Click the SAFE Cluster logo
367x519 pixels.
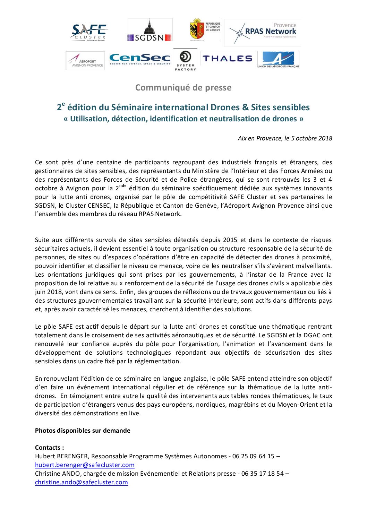click(89, 32)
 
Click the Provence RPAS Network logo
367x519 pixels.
click(263, 33)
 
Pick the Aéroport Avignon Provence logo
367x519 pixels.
click(85, 61)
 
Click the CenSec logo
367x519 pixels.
click(140, 59)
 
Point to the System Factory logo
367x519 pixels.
click(185, 60)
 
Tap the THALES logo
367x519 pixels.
click(227, 59)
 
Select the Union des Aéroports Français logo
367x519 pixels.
click(278, 60)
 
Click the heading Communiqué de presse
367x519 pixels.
click(183, 88)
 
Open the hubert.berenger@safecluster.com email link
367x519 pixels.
click(85, 465)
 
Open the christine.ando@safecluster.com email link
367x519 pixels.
click(82, 482)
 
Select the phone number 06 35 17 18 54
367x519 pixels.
click(262, 474)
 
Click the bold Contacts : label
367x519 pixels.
click(50, 448)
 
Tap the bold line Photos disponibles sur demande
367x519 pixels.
click(83, 431)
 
